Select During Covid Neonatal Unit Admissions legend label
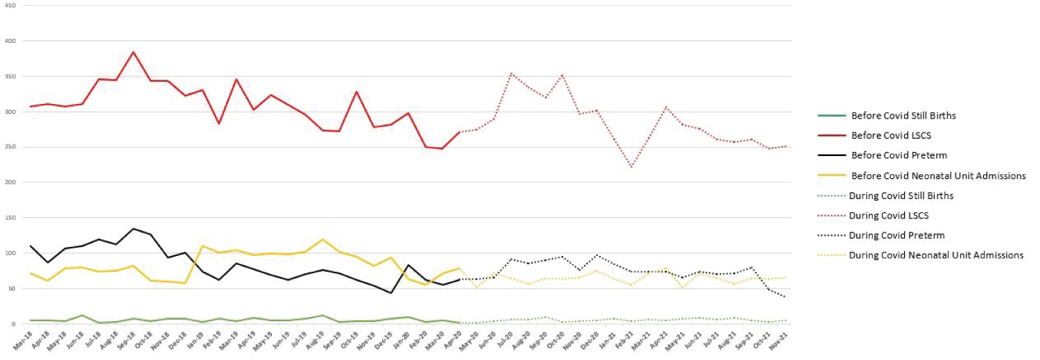[936, 255]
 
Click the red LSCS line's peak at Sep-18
[133, 52]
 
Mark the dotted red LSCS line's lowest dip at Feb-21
[631, 167]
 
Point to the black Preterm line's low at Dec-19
[391, 293]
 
